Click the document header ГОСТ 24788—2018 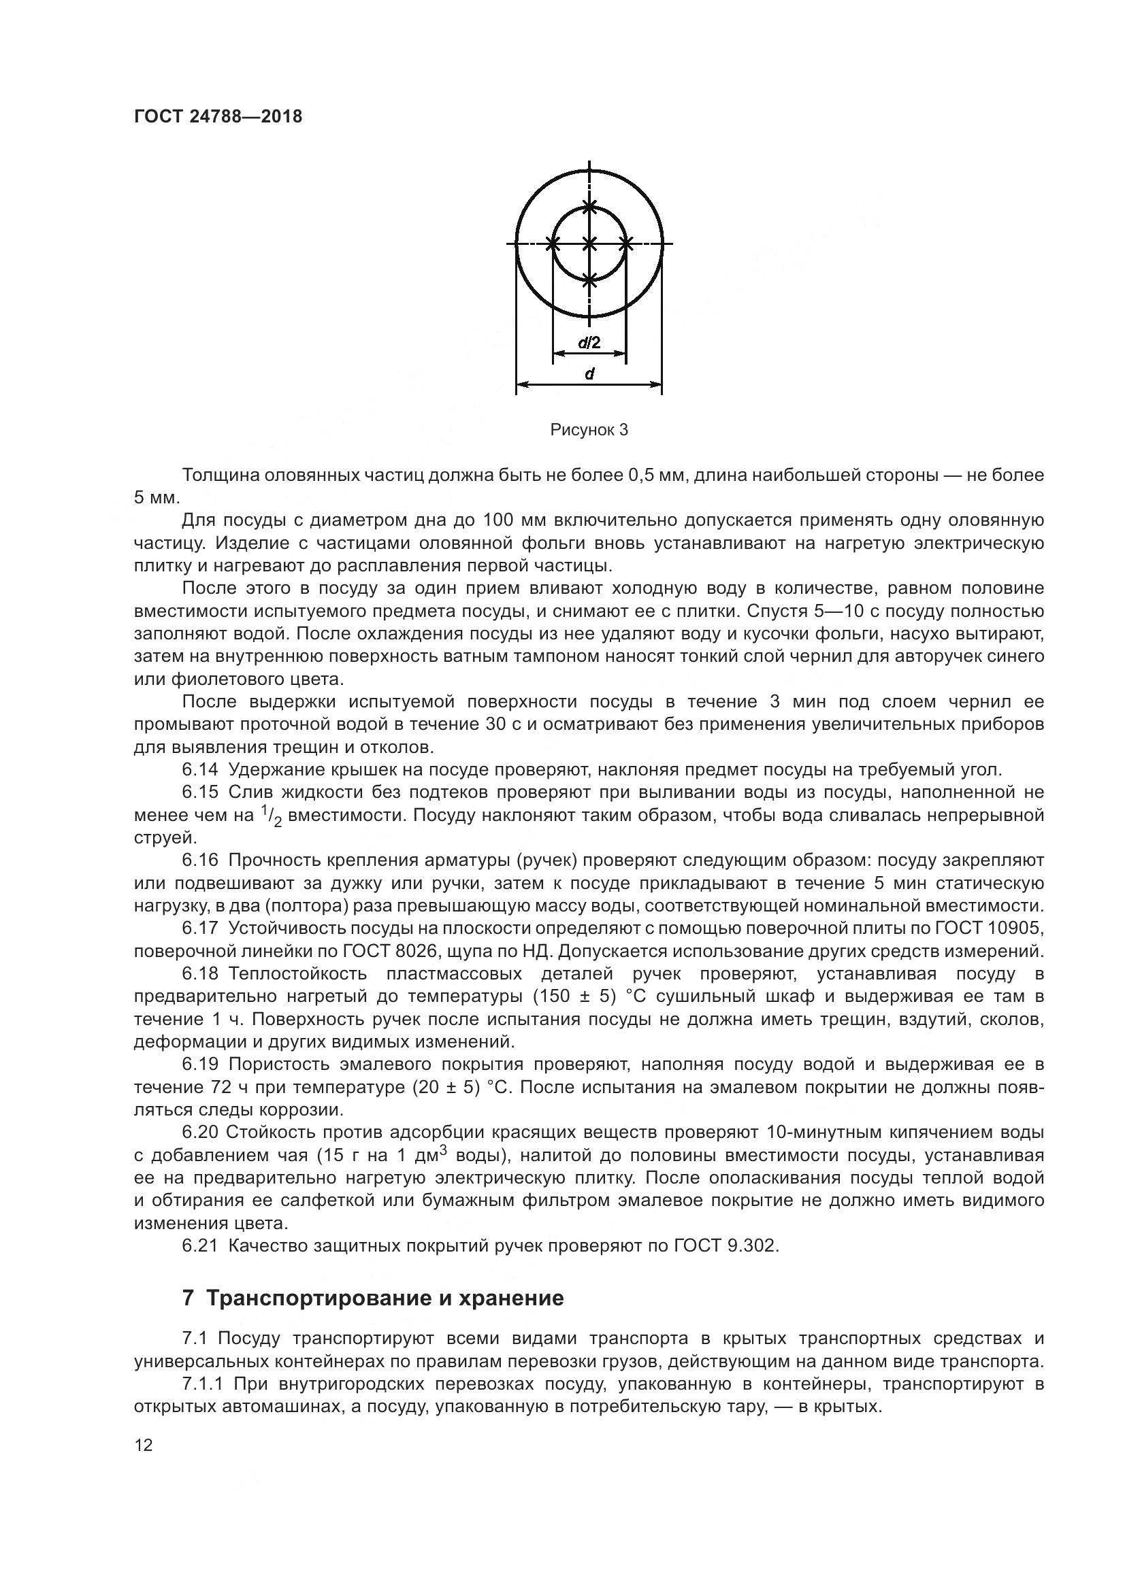click(218, 116)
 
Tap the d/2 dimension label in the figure click(589, 342)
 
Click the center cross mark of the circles click(589, 244)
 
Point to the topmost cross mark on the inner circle click(589, 207)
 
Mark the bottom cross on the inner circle click(589, 280)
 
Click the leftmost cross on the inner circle click(553, 244)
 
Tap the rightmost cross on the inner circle click(626, 244)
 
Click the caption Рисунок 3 click(589, 430)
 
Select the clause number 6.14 click(200, 769)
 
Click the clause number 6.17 click(200, 928)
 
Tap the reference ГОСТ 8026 click(387, 951)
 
